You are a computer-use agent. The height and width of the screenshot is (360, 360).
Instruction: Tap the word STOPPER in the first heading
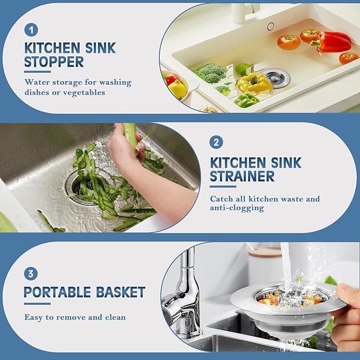[x=54, y=62]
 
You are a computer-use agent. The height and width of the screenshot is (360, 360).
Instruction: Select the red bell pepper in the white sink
[x=333, y=41]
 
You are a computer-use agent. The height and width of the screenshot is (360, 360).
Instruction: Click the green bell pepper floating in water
[x=247, y=100]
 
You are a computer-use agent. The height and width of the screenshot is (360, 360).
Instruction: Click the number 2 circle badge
[x=216, y=142]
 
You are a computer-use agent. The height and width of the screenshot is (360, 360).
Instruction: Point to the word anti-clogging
[x=237, y=208]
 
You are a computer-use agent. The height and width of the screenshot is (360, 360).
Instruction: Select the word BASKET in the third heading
[x=121, y=292]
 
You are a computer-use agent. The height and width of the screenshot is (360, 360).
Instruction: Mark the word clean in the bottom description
[x=114, y=317]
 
